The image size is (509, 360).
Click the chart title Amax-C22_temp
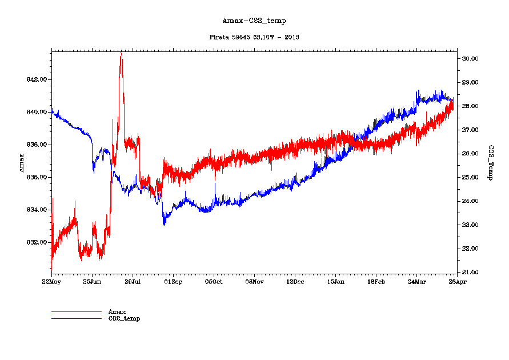254,21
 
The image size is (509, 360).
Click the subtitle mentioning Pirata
254,37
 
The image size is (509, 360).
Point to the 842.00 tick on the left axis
36,79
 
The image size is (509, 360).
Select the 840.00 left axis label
36,112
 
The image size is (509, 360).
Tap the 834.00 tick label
36,210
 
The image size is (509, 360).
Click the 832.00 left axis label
36,242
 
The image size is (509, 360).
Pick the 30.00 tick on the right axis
470,59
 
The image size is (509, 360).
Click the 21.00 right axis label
470,272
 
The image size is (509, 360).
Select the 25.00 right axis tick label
470,177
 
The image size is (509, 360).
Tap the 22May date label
51,282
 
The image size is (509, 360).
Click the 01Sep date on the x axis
173,282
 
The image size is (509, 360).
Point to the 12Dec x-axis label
295,282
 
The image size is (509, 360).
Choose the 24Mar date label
416,282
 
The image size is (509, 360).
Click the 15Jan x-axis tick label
335,282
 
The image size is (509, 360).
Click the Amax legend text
117,311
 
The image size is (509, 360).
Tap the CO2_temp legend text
124,318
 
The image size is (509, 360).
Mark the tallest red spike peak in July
121,53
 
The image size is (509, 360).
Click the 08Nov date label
254,282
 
